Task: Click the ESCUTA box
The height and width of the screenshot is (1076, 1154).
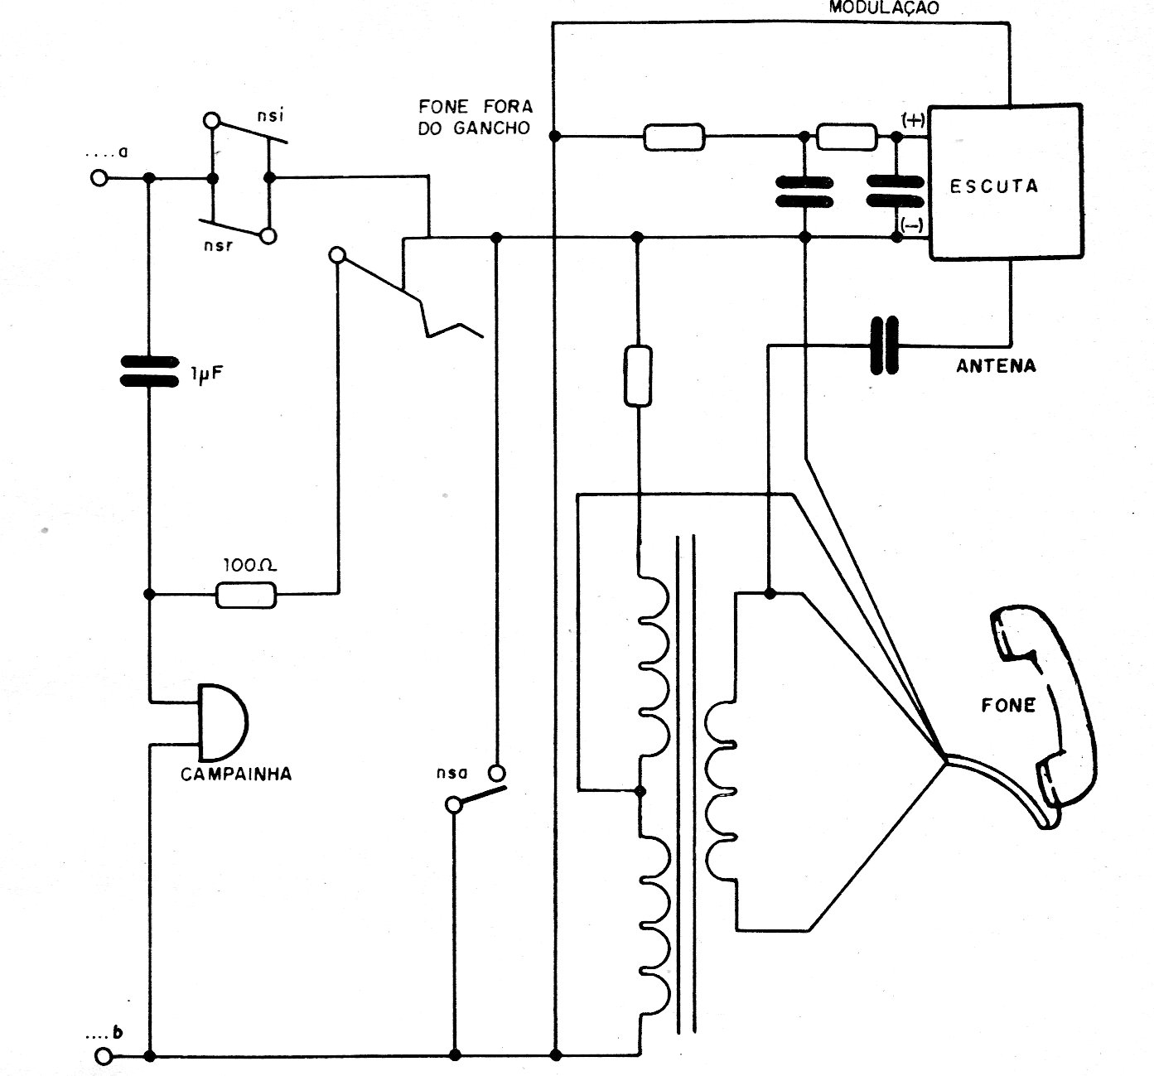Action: point(1004,182)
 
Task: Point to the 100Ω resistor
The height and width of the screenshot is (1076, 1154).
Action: point(246,595)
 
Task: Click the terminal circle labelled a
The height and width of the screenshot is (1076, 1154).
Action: point(99,178)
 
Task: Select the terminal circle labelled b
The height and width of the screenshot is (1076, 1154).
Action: point(104,1056)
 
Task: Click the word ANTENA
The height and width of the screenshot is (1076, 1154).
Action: point(996,365)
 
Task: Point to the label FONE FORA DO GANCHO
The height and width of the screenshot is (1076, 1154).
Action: point(476,117)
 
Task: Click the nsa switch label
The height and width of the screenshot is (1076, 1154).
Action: point(451,774)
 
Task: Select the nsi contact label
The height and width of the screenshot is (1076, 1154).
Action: point(271,116)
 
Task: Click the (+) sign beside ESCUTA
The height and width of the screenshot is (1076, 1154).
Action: point(913,119)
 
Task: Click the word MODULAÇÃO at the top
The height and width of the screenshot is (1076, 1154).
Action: point(884,8)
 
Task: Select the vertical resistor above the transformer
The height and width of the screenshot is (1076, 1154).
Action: point(637,376)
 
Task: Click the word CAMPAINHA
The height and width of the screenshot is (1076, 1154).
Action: point(236,774)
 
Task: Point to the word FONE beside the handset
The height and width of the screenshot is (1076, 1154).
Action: point(1008,705)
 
